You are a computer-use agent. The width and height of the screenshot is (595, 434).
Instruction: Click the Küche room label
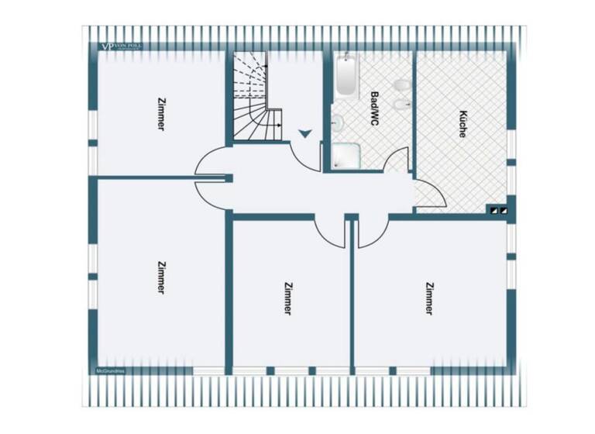pos(463,125)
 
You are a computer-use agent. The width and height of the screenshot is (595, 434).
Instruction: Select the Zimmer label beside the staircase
pos(160,113)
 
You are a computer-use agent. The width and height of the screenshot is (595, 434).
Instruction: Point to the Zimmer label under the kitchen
pos(428,298)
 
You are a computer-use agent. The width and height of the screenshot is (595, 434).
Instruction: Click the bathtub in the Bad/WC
pos(346,76)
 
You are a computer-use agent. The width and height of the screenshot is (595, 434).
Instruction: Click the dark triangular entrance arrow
pos(305,133)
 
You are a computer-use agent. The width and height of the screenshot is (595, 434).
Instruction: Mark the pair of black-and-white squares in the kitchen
pos(497,208)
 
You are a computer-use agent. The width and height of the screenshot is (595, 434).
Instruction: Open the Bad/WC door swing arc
pos(397,160)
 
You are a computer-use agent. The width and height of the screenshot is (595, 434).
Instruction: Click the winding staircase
pos(256,97)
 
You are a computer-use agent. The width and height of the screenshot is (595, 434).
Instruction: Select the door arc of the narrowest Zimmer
pos(330,233)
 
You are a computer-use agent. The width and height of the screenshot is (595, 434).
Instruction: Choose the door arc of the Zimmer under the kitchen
pos(373,233)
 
